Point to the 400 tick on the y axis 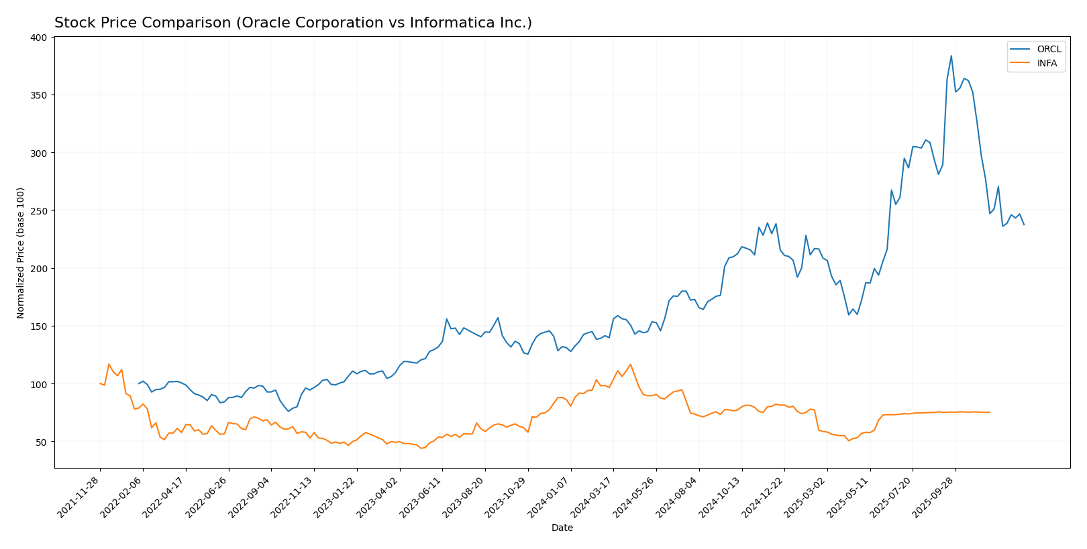pyautogui.click(x=39, y=38)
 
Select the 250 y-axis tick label pyautogui.click(x=39, y=210)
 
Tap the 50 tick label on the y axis pyautogui.click(x=42, y=442)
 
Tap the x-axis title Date pyautogui.click(x=562, y=528)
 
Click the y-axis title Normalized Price pyautogui.click(x=21, y=253)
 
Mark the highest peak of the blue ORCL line pyautogui.click(x=951, y=56)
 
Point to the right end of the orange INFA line pyautogui.click(x=990, y=412)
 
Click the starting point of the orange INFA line pyautogui.click(x=100, y=383)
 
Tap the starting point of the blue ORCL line pyautogui.click(x=139, y=383)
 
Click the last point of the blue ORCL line pyautogui.click(x=1024, y=225)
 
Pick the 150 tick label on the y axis pyautogui.click(x=39, y=326)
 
